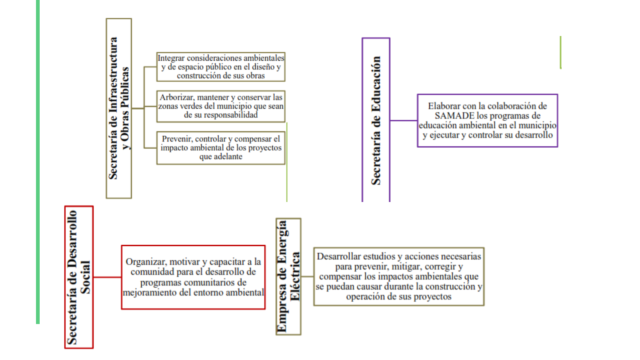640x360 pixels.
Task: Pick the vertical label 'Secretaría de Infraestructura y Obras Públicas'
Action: pyautogui.click(x=119, y=108)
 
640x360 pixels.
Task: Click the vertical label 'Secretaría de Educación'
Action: pyautogui.click(x=376, y=120)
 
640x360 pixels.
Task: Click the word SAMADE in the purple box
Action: pyautogui.click(x=454, y=116)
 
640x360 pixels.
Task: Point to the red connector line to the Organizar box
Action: pyautogui.click(x=107, y=277)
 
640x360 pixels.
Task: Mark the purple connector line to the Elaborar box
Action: pyautogui.click(x=404, y=120)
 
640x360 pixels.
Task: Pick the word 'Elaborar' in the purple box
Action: pyautogui.click(x=443, y=106)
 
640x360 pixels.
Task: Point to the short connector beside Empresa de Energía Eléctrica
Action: pyautogui.click(x=307, y=276)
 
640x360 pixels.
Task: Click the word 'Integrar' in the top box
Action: pyautogui.click(x=171, y=58)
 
